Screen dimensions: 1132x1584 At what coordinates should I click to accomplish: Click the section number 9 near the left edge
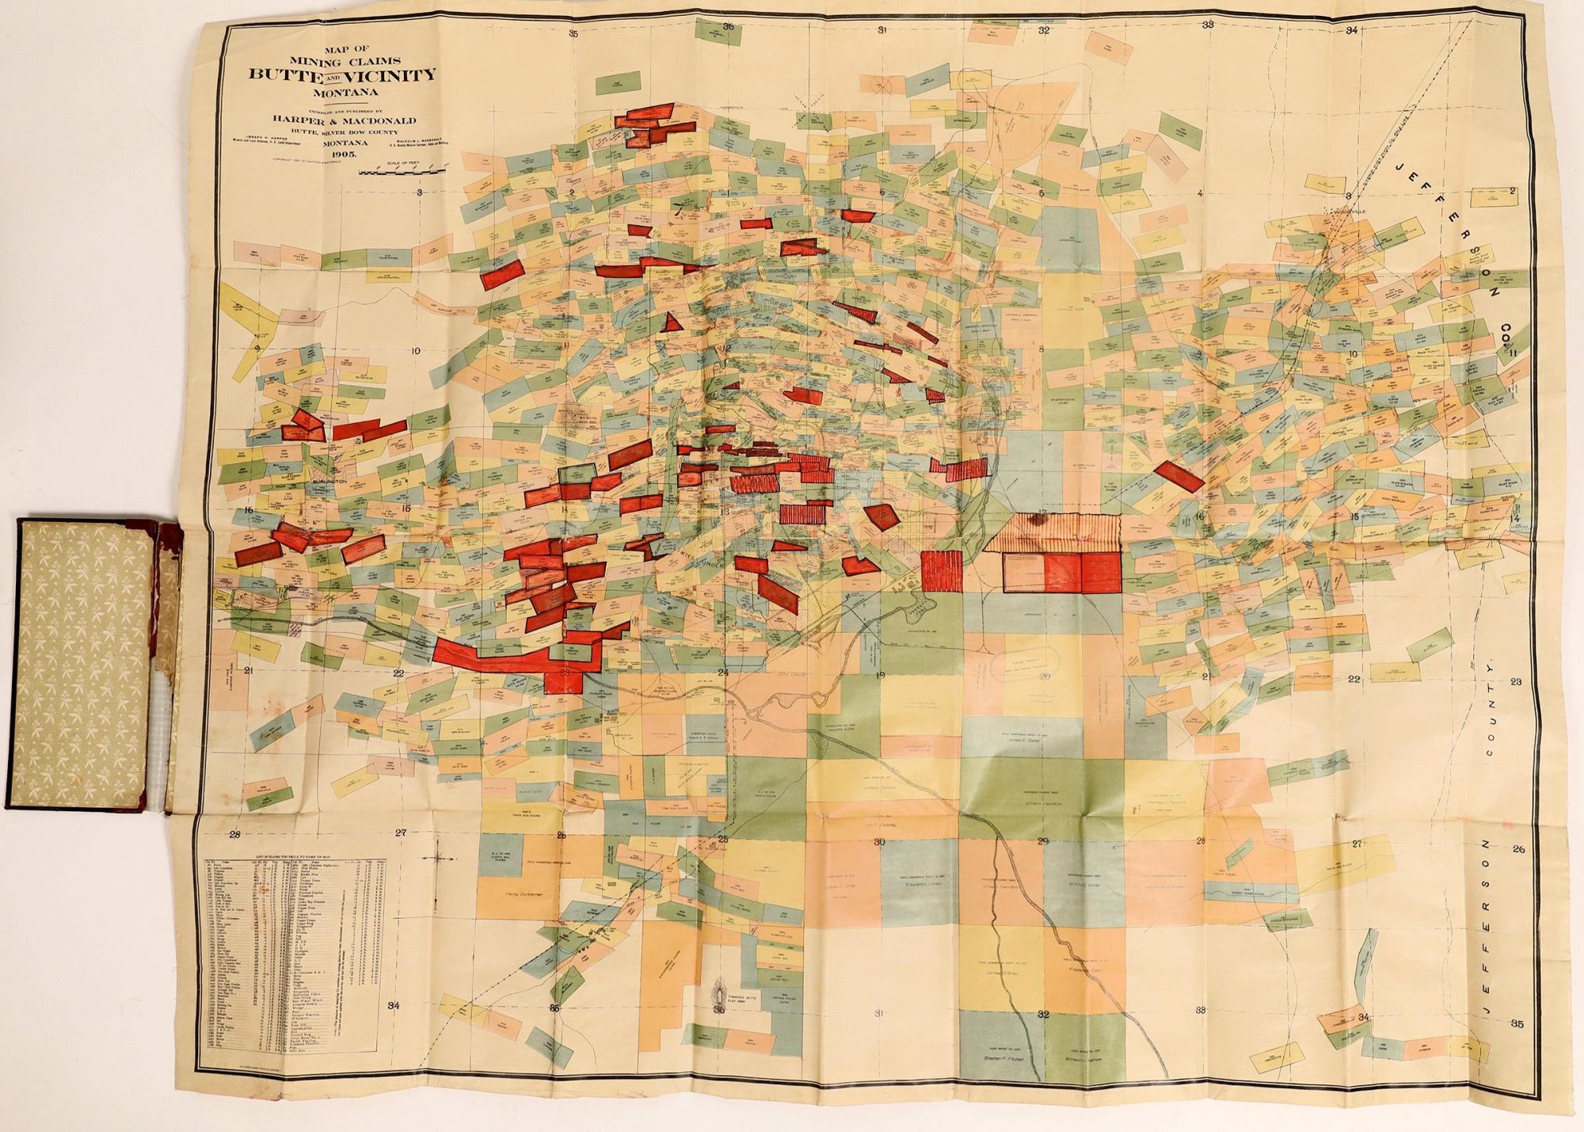coord(258,346)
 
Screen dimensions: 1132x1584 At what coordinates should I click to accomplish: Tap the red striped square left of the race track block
coord(942,571)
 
